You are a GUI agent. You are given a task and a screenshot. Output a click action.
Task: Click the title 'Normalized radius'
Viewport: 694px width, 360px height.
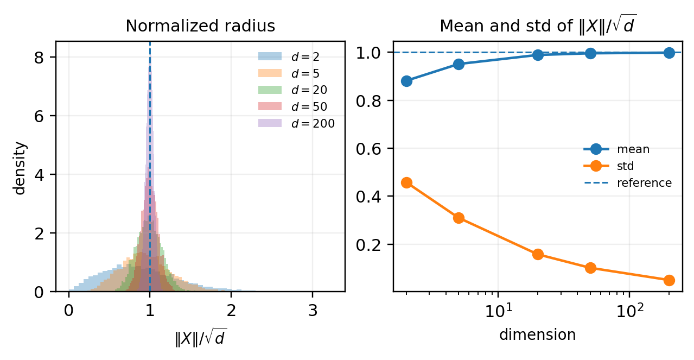tap(200, 26)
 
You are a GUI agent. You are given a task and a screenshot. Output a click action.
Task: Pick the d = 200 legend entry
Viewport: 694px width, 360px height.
tap(313, 123)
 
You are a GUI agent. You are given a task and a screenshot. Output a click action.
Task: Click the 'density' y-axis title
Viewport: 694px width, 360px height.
tap(21, 167)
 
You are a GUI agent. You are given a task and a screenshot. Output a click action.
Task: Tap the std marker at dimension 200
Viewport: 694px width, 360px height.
tap(669, 280)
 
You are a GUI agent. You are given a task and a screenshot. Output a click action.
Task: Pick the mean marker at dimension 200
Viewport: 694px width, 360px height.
tap(669, 53)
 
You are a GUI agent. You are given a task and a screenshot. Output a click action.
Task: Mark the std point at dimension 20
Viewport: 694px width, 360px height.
tap(538, 254)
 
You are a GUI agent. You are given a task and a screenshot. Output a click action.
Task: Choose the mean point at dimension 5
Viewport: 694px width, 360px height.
tap(459, 64)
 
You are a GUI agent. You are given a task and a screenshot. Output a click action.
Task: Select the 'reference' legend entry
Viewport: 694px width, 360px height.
tap(644, 183)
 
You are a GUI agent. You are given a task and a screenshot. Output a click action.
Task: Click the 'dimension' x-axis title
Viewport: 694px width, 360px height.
tap(537, 335)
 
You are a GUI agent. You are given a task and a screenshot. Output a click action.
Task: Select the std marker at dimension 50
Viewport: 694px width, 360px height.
tap(590, 268)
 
